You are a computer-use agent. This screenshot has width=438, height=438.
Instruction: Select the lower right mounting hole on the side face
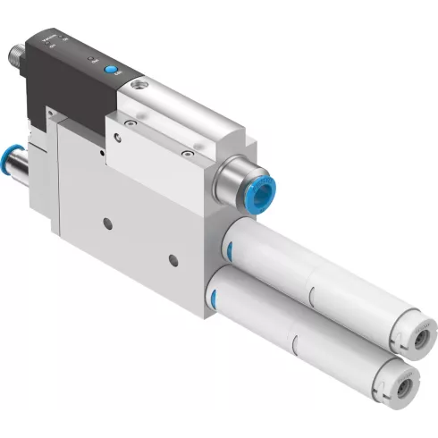174,257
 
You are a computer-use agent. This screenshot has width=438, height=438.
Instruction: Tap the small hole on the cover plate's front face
114,137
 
